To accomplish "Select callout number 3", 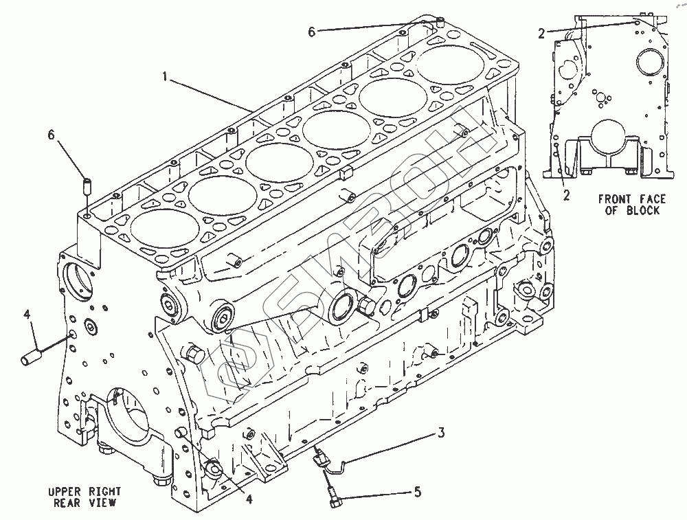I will tap(442, 433).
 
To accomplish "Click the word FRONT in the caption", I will tap(612, 199).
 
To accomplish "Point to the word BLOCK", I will tap(644, 210).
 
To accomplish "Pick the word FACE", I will tap(651, 199).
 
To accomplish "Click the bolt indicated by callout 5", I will tap(333, 497).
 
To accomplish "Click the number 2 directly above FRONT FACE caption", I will tap(566, 194).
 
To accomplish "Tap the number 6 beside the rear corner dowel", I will tap(51, 135).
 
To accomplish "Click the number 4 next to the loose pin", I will tap(27, 315).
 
